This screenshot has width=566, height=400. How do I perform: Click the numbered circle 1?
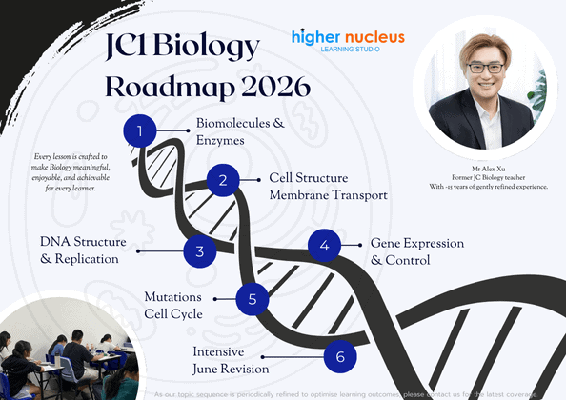click(x=141, y=131)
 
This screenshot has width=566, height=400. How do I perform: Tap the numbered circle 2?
click(x=222, y=180)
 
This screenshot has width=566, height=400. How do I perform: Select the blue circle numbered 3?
click(x=199, y=252)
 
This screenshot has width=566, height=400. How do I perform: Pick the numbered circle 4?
click(x=325, y=246)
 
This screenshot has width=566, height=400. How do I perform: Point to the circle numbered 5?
click(x=253, y=299)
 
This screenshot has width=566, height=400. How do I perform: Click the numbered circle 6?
click(x=340, y=358)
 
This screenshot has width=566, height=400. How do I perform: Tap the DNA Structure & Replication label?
click(x=79, y=250)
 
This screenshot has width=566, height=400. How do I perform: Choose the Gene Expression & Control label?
click(x=416, y=251)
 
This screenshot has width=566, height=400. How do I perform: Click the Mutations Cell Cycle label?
click(x=178, y=305)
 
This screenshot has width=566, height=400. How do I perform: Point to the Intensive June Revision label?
click(x=231, y=360)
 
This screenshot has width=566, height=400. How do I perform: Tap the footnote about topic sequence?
click(x=353, y=392)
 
